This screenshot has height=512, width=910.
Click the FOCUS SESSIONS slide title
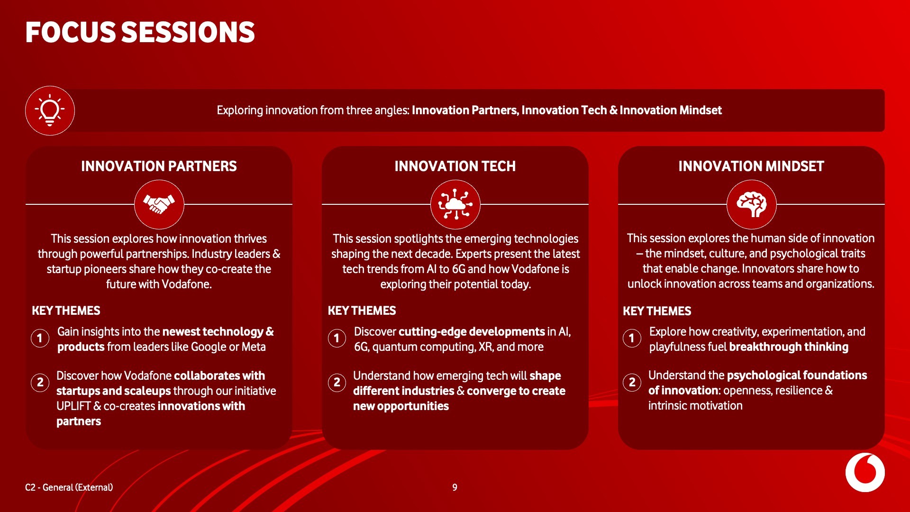point(140,32)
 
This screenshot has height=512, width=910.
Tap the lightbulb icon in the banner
point(50,110)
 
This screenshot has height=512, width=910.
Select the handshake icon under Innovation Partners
point(159,204)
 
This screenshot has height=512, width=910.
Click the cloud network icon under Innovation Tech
point(455,204)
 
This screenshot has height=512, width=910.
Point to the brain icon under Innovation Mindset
point(752,204)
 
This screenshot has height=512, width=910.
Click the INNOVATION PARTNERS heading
point(159,166)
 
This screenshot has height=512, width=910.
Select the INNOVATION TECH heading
point(455,166)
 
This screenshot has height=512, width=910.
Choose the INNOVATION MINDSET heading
point(751,166)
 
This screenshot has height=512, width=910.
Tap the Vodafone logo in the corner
point(865,473)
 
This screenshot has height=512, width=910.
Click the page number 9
point(455,487)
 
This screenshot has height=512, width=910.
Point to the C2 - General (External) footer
point(69,487)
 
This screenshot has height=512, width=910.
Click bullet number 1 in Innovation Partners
point(40,338)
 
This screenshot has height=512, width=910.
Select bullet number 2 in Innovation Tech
point(337,383)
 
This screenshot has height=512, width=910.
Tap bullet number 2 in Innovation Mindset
point(632,382)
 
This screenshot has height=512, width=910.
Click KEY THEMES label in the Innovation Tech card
point(362,311)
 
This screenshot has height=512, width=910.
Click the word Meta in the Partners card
point(254,347)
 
